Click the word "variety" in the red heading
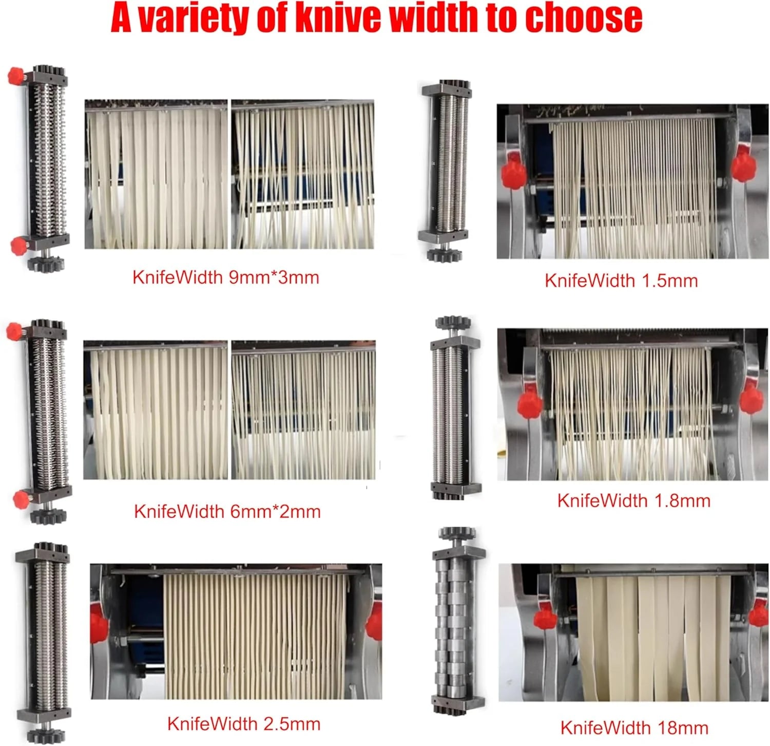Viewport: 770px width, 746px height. click(x=196, y=18)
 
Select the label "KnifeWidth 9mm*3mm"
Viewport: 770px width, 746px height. click(x=226, y=277)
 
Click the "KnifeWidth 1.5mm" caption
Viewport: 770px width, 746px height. click(x=621, y=281)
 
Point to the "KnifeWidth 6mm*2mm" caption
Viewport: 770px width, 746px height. click(x=227, y=511)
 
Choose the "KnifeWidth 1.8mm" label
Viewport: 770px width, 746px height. click(x=634, y=500)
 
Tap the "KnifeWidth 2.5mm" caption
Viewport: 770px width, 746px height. click(x=244, y=724)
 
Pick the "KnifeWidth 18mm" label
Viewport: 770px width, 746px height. click(x=634, y=728)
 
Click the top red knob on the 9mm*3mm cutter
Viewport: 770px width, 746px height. click(x=17, y=77)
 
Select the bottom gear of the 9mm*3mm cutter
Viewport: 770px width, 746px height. click(x=46, y=264)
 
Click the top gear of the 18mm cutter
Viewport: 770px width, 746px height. click(x=457, y=533)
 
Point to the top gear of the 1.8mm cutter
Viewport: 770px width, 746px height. click(x=453, y=323)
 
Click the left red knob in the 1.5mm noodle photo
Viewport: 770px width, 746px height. click(x=511, y=172)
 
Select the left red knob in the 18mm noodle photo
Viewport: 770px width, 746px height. click(x=544, y=619)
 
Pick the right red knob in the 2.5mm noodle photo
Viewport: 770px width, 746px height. click(x=375, y=622)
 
